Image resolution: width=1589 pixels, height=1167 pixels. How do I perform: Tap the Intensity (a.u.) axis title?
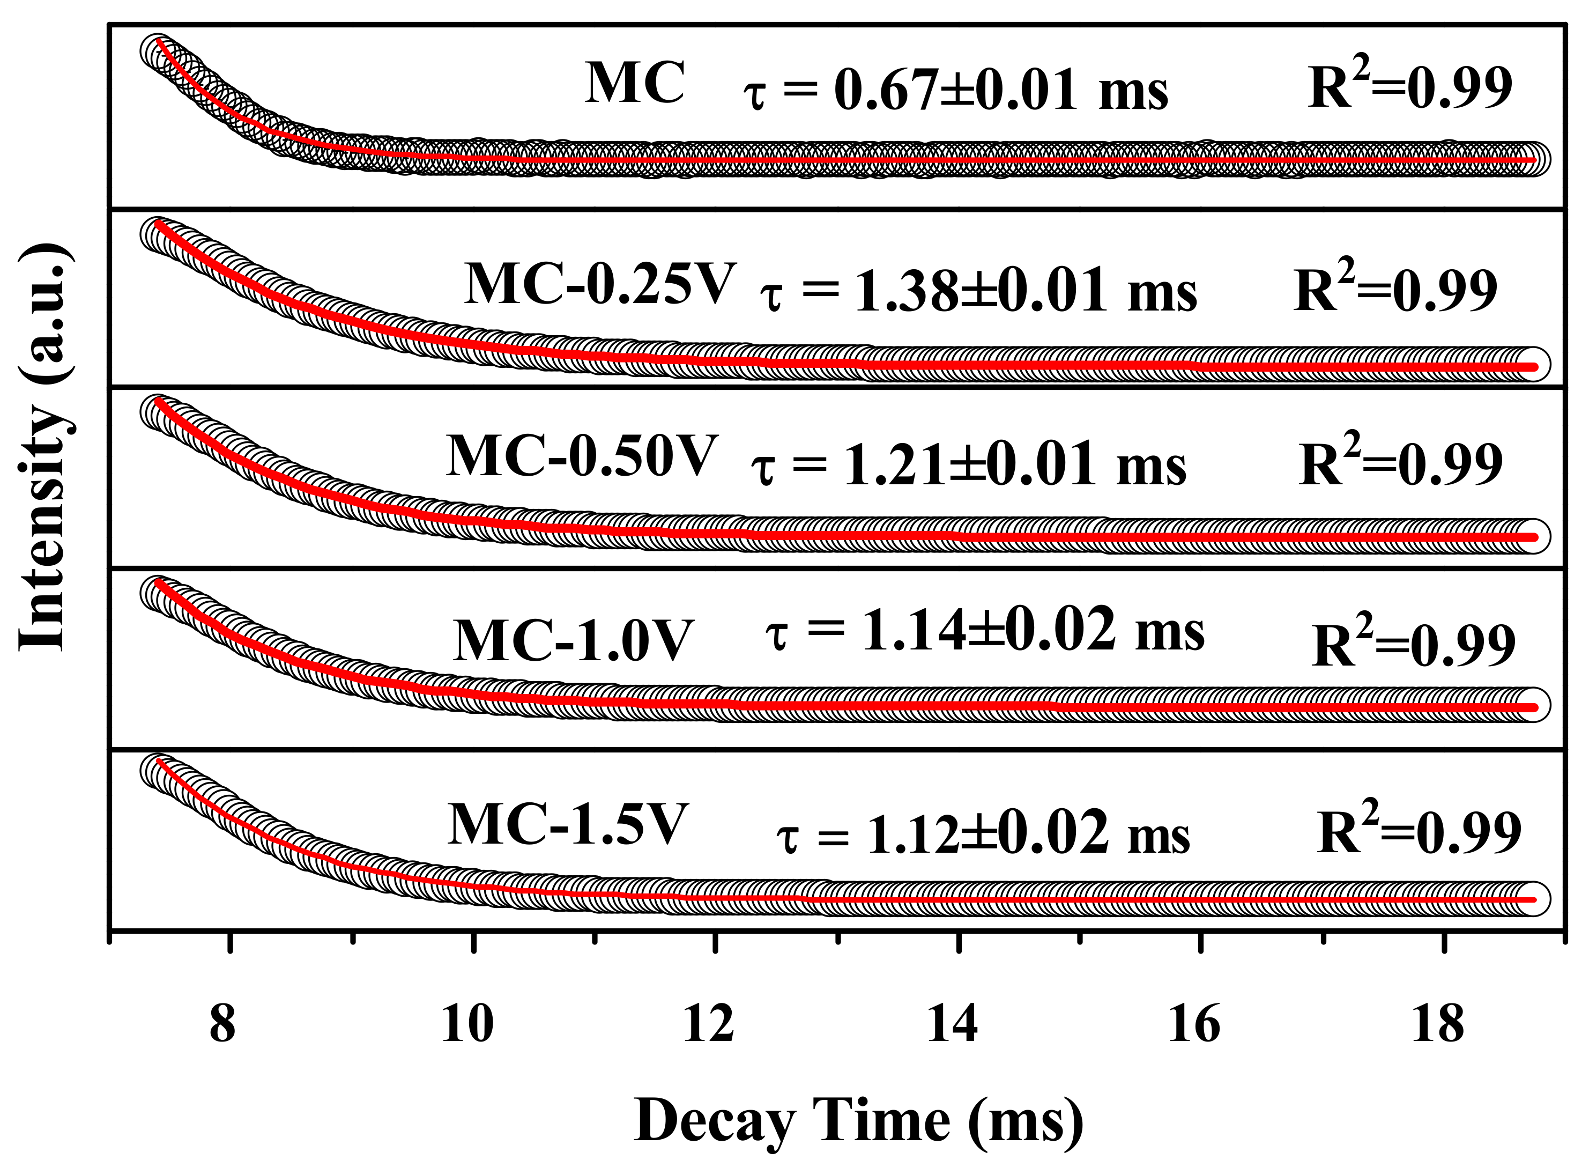click(x=44, y=446)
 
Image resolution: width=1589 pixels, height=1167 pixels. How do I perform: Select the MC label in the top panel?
click(x=634, y=83)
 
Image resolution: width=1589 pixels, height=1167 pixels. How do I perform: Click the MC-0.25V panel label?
click(x=599, y=285)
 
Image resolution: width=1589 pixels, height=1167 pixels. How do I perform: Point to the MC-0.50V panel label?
click(x=581, y=456)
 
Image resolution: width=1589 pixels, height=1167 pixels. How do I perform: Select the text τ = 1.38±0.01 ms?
click(x=978, y=292)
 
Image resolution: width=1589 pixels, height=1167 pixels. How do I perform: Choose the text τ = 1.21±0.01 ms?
click(x=968, y=466)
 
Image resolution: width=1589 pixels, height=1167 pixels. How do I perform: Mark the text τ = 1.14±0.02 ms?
click(x=985, y=631)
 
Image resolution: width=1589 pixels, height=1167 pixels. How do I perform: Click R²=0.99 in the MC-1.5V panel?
click(x=1419, y=830)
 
